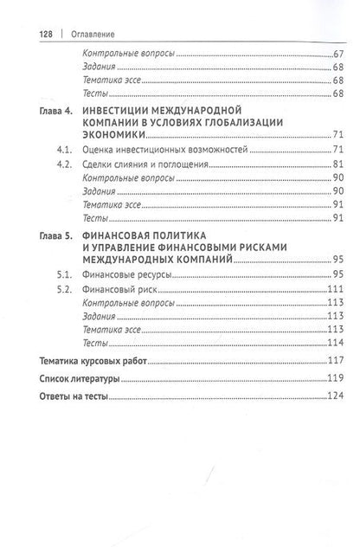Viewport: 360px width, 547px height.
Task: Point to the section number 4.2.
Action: point(58,164)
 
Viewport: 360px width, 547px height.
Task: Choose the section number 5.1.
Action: point(58,273)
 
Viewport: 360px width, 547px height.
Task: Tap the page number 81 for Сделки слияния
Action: point(338,164)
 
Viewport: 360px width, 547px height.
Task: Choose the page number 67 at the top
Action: point(338,54)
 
